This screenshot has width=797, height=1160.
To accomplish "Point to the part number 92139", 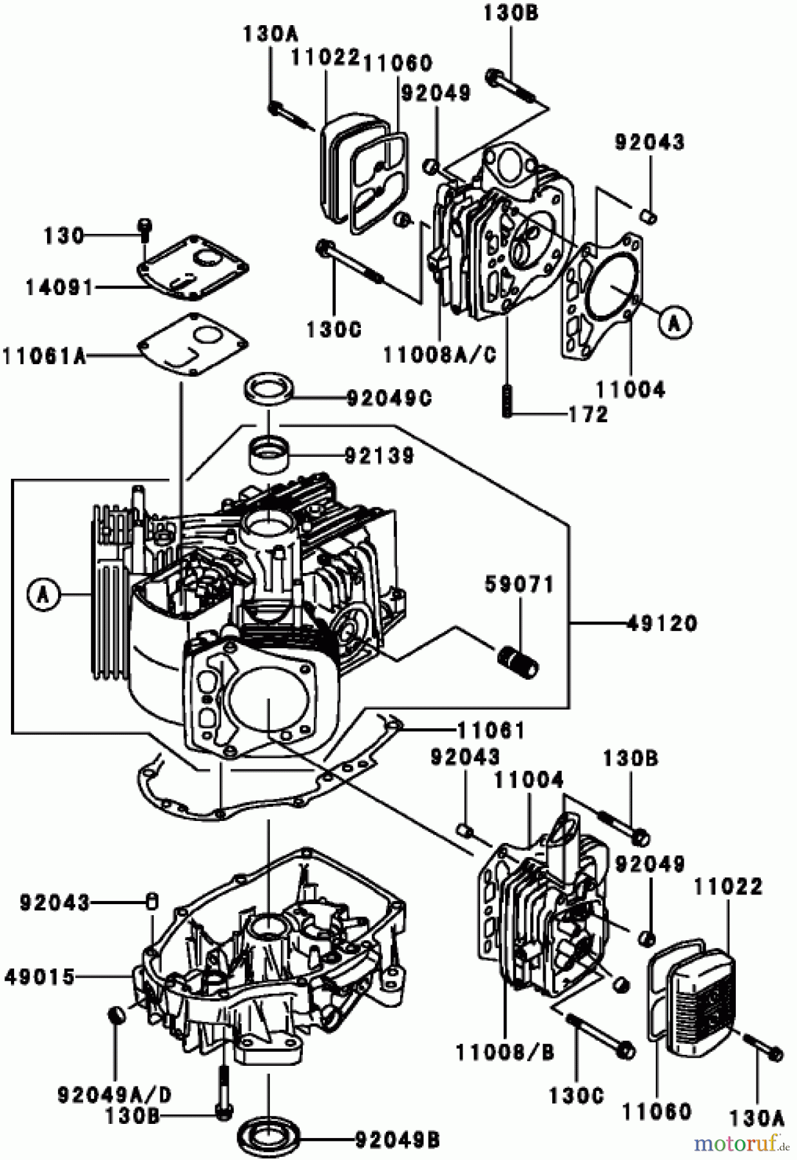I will tap(379, 457).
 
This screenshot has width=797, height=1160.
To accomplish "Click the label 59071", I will tap(519, 586).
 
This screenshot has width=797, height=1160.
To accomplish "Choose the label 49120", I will tap(662, 624).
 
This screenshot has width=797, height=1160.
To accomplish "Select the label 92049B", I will tap(398, 1142).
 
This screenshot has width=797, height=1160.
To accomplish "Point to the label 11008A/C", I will tap(440, 355).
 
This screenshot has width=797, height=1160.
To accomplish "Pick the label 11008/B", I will tap(504, 1052).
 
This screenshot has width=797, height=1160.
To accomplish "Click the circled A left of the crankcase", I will tap(43, 594).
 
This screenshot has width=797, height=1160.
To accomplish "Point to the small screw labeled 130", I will tap(145, 226).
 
